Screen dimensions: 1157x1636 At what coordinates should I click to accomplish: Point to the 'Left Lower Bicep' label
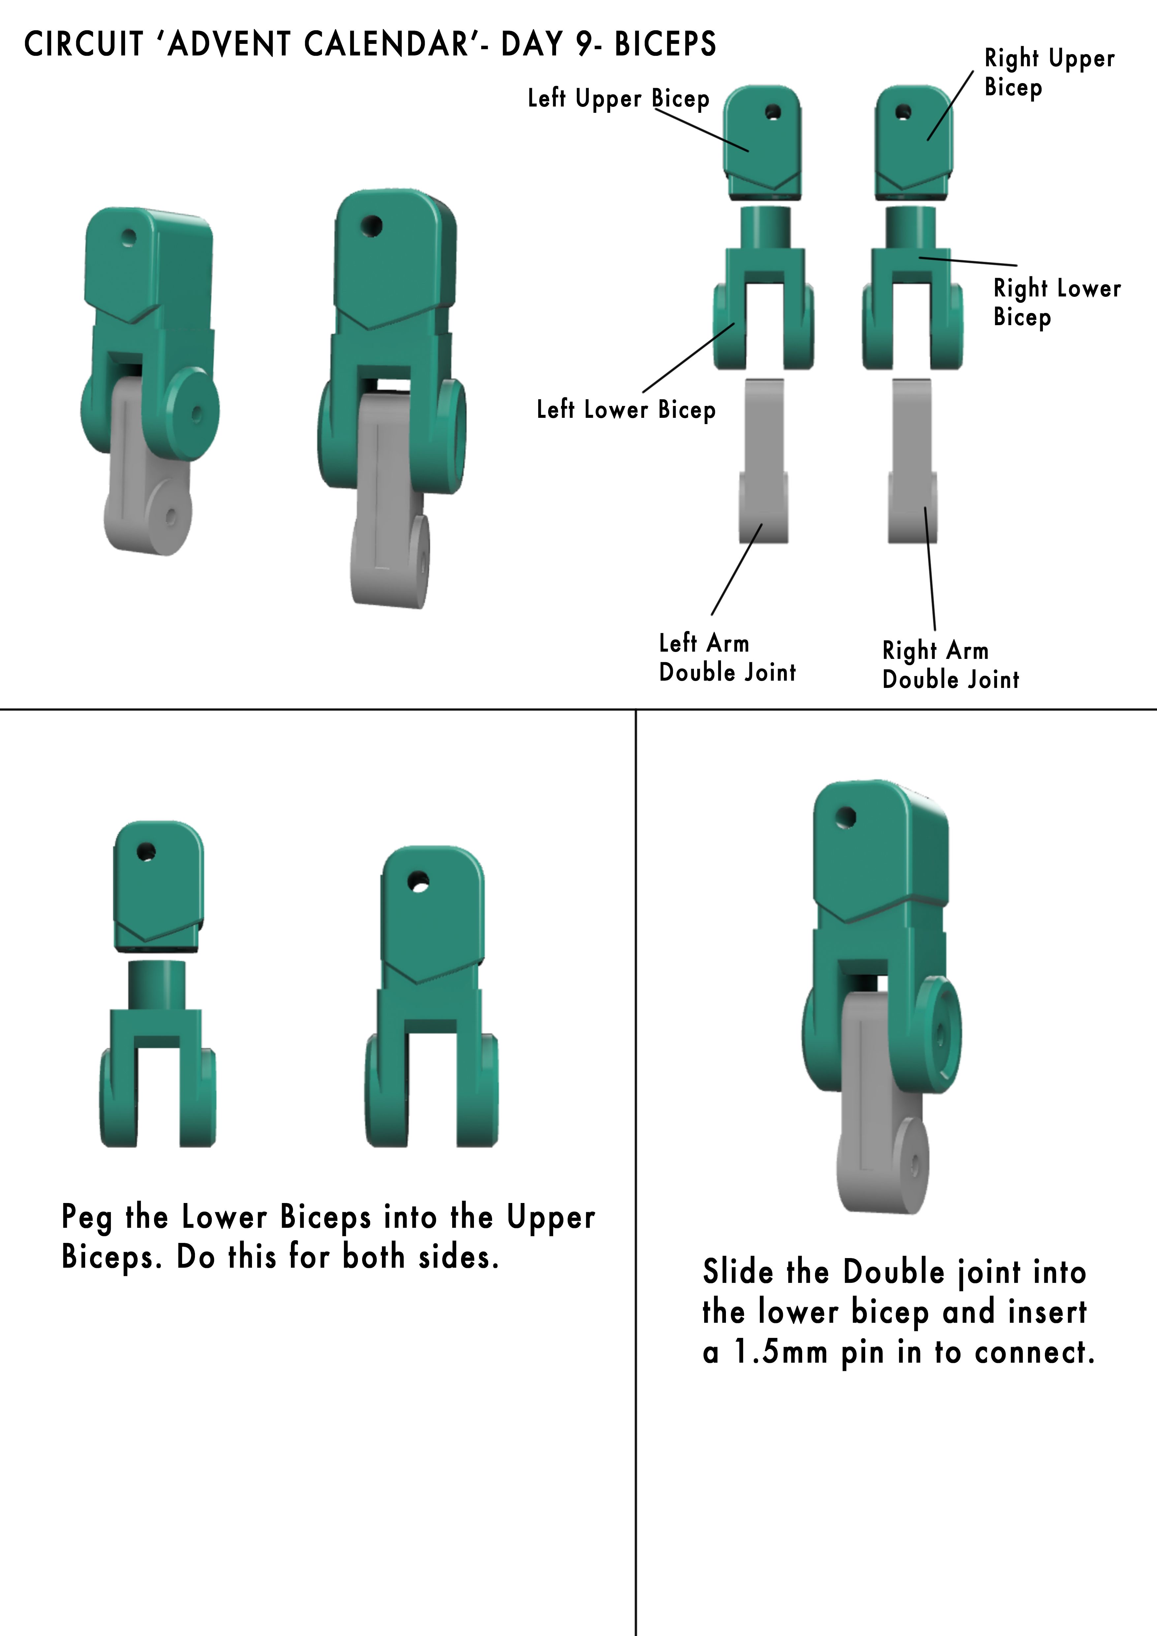[x=626, y=410]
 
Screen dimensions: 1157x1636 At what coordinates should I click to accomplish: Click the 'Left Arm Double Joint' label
[x=727, y=658]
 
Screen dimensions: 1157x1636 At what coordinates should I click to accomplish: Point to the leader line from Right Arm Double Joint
[x=930, y=568]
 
